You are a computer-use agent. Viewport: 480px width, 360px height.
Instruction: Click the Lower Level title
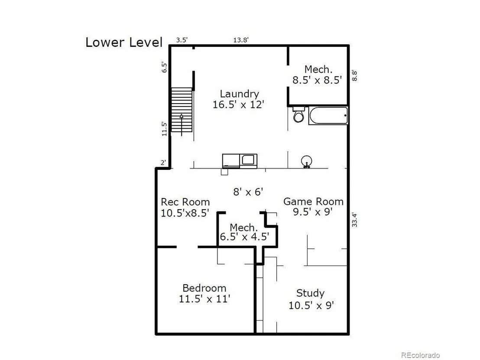123,42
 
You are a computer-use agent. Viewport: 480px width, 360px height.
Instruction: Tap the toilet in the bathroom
298,114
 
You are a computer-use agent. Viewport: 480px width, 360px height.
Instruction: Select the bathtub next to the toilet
328,115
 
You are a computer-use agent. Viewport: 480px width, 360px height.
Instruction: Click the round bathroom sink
306,161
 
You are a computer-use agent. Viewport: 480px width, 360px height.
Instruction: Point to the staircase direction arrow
182,125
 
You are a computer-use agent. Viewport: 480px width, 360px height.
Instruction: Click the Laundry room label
240,94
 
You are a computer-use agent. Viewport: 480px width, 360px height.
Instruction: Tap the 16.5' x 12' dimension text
238,104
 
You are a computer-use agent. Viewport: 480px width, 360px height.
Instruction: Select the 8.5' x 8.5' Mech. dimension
317,80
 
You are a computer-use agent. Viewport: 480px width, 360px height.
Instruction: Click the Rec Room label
185,202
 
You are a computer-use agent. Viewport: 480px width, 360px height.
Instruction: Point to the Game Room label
313,201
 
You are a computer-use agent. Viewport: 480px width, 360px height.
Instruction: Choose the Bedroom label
204,288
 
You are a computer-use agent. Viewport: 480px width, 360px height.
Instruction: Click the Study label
310,293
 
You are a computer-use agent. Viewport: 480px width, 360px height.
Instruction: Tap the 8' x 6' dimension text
248,192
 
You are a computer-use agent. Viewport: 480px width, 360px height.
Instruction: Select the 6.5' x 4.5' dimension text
244,237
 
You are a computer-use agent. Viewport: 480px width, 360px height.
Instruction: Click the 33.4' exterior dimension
354,220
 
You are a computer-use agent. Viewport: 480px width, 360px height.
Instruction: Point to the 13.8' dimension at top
241,40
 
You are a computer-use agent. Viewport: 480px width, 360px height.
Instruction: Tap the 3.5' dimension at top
182,40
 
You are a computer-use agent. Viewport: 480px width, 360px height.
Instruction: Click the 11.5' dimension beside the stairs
164,129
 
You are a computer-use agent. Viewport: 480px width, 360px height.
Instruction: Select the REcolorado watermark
420,355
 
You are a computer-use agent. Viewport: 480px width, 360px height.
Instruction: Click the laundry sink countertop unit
240,161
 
